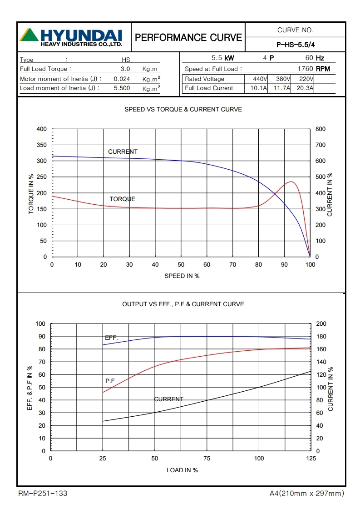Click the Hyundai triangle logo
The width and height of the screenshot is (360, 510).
click(29, 35)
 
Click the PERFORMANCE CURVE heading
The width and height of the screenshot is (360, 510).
click(188, 37)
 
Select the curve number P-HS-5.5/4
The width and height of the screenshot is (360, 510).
click(295, 45)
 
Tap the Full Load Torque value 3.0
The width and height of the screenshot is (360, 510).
click(125, 69)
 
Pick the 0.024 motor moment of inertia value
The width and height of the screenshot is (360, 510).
click(122, 79)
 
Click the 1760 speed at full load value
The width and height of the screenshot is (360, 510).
click(305, 69)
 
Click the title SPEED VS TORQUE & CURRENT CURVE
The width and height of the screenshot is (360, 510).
click(183, 110)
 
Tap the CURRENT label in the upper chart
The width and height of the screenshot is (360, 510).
click(123, 151)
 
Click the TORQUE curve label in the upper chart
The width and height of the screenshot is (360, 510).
click(122, 199)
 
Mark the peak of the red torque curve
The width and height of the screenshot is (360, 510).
click(291, 182)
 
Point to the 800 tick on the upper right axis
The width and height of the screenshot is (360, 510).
click(320, 129)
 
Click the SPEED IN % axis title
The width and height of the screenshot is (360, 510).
click(182, 276)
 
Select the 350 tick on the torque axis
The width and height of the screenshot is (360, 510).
click(41, 145)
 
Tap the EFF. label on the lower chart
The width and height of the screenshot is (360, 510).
click(111, 338)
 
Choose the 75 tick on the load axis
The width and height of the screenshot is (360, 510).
click(207, 459)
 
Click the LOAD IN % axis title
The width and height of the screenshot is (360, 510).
click(182, 470)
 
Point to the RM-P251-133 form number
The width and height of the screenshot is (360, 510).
click(43, 493)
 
